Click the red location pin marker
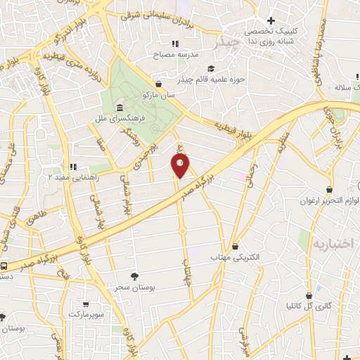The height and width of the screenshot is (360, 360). coord(180,165)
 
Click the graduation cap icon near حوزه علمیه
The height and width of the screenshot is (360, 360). coord(210,68)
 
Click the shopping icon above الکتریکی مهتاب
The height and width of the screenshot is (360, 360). coord(235,247)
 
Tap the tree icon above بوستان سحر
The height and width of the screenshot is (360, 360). coord(134,276)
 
